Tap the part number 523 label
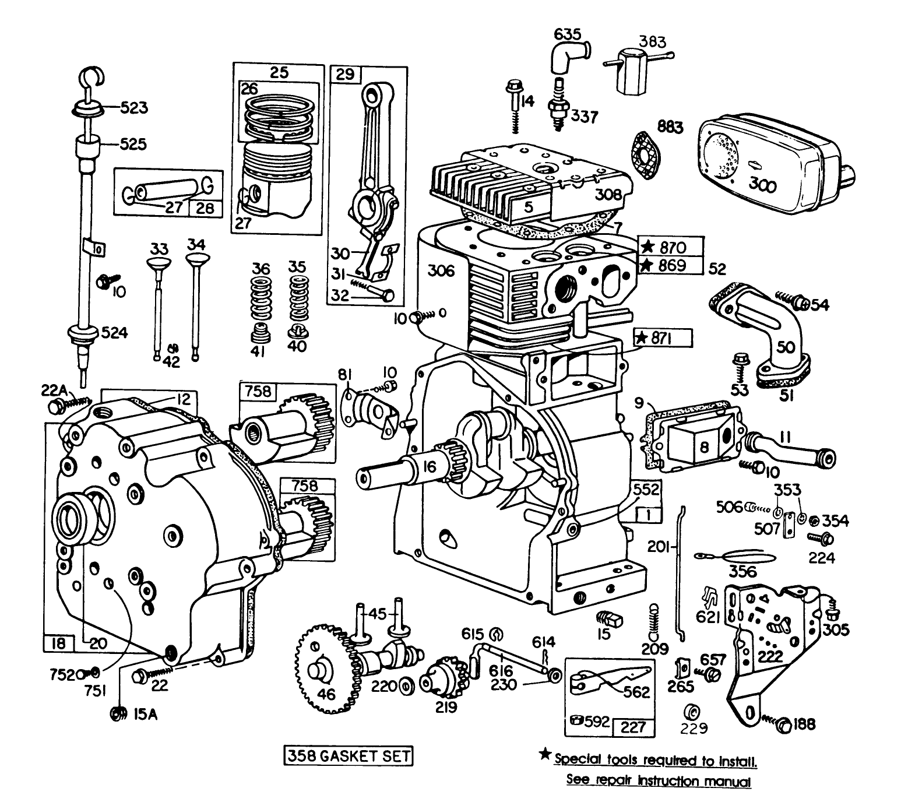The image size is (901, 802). (134, 108)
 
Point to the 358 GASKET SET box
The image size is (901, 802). (348, 756)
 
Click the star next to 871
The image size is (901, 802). (642, 337)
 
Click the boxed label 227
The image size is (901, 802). (633, 726)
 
